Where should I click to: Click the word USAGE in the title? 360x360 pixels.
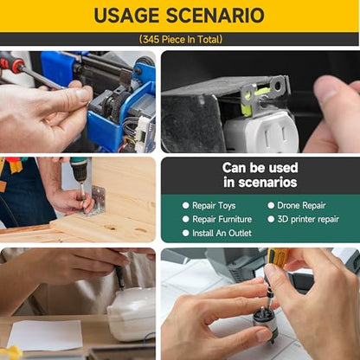tap(126, 16)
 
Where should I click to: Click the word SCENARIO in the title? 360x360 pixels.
tap(215, 16)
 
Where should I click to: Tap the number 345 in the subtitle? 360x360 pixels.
tap(151, 39)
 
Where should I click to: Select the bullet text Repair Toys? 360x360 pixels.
tap(214, 205)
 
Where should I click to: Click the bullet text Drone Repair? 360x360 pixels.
tap(301, 205)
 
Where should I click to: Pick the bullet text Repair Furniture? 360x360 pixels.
tap(222, 219)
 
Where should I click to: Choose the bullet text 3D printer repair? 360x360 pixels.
tap(308, 219)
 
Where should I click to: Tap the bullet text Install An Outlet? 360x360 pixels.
tap(222, 233)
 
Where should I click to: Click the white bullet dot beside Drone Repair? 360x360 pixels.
tap(271, 205)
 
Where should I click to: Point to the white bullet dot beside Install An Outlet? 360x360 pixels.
tap(186, 233)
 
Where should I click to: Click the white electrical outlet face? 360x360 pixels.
tap(262, 133)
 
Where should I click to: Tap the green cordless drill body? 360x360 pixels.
tap(80, 169)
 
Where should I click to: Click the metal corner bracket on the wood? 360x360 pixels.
tap(97, 201)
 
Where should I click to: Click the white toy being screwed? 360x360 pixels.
tap(132, 314)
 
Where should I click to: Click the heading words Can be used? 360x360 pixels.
tap(260, 168)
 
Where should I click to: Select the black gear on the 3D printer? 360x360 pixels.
tap(120, 101)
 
